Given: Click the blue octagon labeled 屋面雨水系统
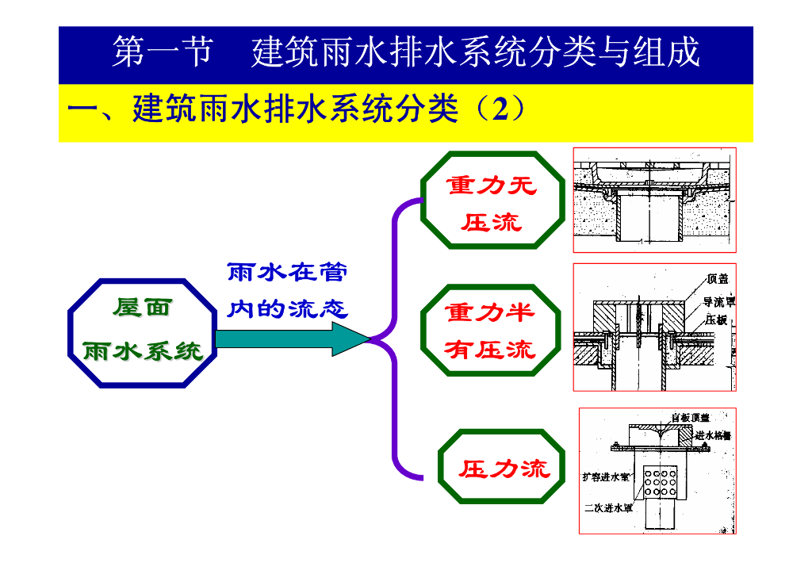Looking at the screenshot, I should (143, 333).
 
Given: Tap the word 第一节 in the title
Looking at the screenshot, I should (162, 52).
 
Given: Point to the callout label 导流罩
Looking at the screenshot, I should (719, 301).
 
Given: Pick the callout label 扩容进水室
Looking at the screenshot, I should (605, 476).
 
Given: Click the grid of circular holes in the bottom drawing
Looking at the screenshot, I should (659, 480).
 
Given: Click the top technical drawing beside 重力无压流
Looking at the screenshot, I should (654, 200).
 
